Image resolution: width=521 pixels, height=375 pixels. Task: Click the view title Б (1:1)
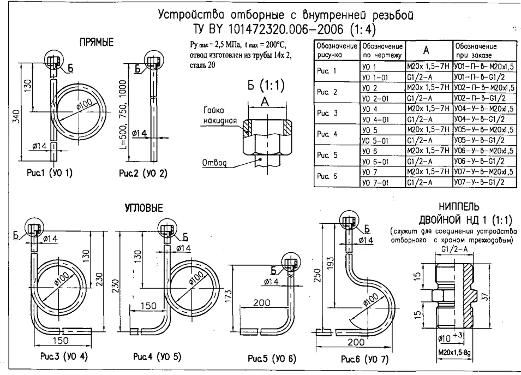tap(265, 86)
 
